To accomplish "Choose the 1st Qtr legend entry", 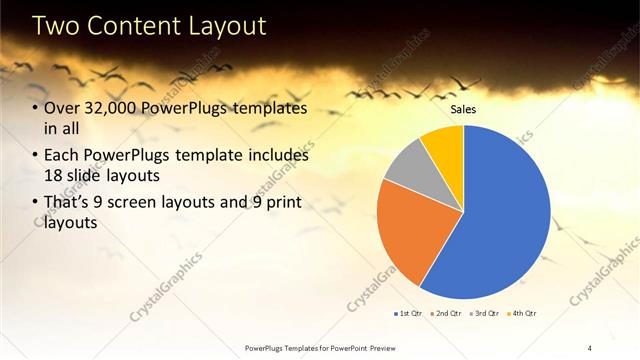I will coord(407,313).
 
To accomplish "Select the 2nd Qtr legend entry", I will coord(445,313).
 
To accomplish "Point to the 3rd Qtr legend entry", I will coord(483,313).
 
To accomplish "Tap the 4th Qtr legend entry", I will coord(521,313).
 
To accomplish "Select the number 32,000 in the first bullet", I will coord(113,109).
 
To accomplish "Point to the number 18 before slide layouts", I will coord(54,174).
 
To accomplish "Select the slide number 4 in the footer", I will coord(590,347).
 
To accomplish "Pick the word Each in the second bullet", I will coord(62,157).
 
